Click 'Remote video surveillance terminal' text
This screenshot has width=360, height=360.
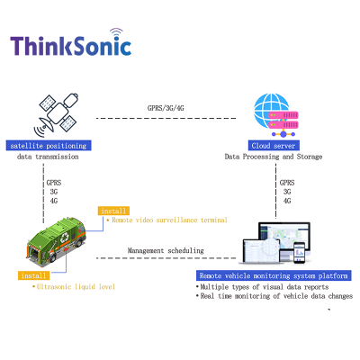(x=168, y=220)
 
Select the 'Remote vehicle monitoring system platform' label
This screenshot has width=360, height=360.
(x=273, y=275)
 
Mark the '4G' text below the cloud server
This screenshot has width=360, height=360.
(x=286, y=201)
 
